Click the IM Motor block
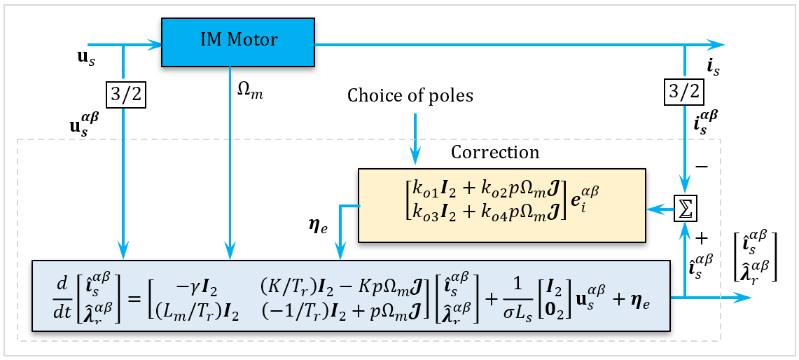pyautogui.click(x=238, y=41)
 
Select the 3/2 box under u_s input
pyautogui.click(x=125, y=93)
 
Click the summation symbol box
pyautogui.click(x=684, y=209)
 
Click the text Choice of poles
pyautogui.click(x=410, y=96)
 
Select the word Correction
pyautogui.click(x=495, y=152)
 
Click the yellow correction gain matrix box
pyautogui.click(x=501, y=205)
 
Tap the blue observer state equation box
pyautogui.click(x=351, y=295)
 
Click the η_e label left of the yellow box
pyautogui.click(x=315, y=226)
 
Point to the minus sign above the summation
pyautogui.click(x=702, y=167)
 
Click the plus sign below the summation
pyautogui.click(x=702, y=237)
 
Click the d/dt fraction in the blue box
pyautogui.click(x=62, y=296)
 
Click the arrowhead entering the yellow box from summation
pyautogui.click(x=651, y=209)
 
